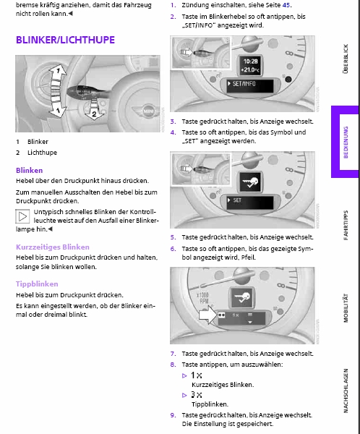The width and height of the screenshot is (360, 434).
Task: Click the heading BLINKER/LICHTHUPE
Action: coord(65,40)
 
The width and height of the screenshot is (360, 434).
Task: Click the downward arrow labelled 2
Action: coord(94,111)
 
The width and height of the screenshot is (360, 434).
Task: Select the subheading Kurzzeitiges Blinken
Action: coord(53,247)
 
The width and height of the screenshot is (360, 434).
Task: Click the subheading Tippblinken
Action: coord(37,284)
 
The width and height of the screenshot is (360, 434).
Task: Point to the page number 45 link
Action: coord(286,5)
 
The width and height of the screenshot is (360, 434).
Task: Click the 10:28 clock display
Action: coord(250,61)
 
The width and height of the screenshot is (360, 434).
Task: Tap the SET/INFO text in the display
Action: coord(244,84)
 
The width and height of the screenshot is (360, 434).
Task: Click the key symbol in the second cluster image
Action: coord(250,182)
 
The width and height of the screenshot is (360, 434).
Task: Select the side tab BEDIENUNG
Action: coord(346,142)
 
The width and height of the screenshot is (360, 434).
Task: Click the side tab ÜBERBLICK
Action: coord(346,59)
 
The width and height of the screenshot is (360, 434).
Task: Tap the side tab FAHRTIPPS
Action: coord(346,225)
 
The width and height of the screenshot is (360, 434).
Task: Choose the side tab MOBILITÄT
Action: coord(346,308)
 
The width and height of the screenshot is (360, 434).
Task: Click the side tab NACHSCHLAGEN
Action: coord(346,391)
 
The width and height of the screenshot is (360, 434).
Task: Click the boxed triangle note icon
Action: coord(22,216)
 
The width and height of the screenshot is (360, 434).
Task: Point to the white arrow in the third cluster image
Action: coord(208,315)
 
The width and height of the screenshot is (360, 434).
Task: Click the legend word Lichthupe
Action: coord(42,153)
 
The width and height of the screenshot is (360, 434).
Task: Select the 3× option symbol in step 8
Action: coord(197,395)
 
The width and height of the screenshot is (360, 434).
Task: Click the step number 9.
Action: coord(173,415)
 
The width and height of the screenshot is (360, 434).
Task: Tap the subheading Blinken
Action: coord(30,170)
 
